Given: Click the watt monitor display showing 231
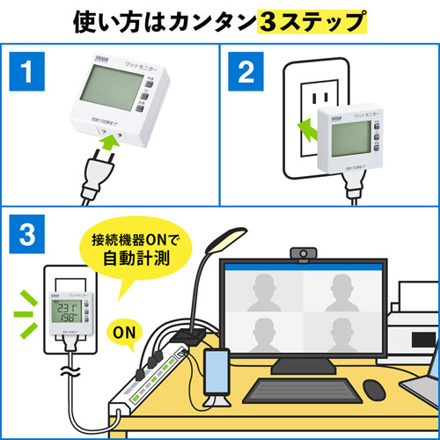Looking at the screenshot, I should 64,310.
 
